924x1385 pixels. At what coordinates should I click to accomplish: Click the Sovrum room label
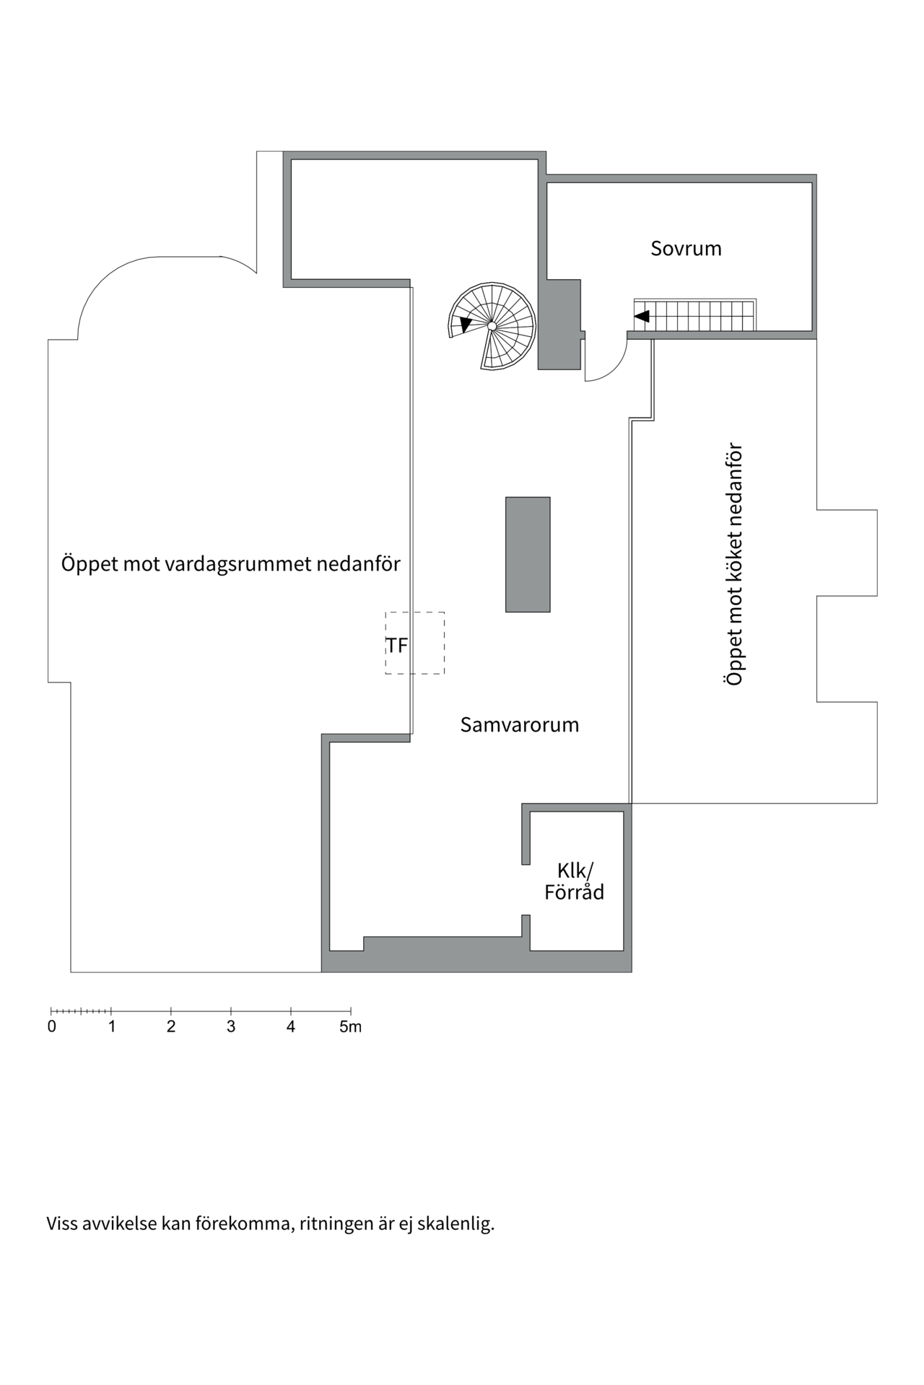pyautogui.click(x=685, y=248)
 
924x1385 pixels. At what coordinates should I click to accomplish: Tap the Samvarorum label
pyautogui.click(x=519, y=724)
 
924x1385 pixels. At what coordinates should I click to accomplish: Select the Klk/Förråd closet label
pyautogui.click(x=574, y=881)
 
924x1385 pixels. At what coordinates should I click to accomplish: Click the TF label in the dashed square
pyautogui.click(x=397, y=645)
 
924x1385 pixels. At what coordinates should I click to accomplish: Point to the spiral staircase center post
pyautogui.click(x=492, y=326)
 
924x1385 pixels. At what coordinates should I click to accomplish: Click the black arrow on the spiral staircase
pyautogui.click(x=465, y=325)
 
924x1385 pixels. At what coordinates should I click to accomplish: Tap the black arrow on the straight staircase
pyautogui.click(x=642, y=316)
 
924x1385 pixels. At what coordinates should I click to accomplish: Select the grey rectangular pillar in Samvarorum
pyautogui.click(x=528, y=554)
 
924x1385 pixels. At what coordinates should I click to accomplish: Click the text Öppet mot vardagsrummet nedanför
pyautogui.click(x=230, y=563)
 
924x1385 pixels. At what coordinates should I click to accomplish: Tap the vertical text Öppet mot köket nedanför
pyautogui.click(x=734, y=564)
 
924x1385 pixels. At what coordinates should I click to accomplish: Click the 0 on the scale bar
pyautogui.click(x=52, y=1026)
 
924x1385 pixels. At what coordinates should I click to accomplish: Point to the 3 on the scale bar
pyautogui.click(x=231, y=1026)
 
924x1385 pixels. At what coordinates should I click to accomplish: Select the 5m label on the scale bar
pyautogui.click(x=350, y=1026)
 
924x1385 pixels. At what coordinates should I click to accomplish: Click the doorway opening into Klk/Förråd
pyautogui.click(x=526, y=889)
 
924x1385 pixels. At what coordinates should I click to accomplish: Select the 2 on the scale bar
pyautogui.click(x=171, y=1026)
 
